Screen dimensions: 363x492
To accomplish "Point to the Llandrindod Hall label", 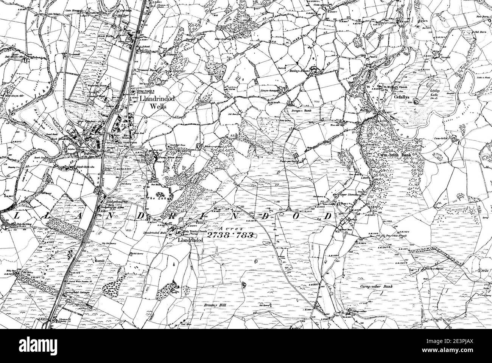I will pyautogui.click(x=156, y=233).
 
